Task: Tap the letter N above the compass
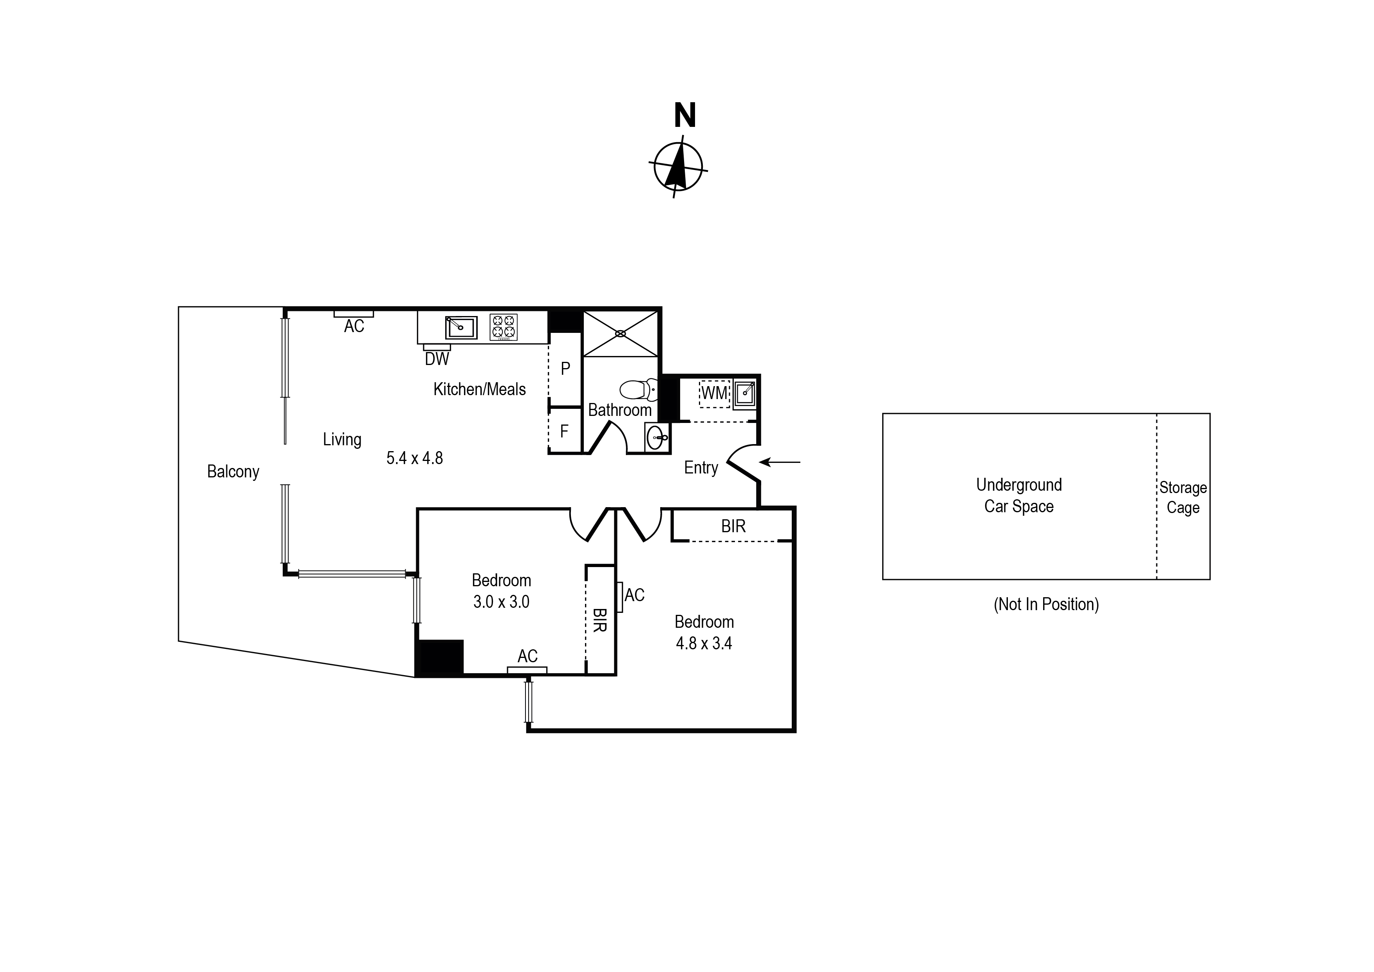684,116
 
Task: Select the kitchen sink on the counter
461,327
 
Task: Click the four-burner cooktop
503,327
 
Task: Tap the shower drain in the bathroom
621,333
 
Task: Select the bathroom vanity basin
657,437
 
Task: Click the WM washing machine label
714,393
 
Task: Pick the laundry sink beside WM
745,393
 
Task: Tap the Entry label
701,468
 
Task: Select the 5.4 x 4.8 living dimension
414,459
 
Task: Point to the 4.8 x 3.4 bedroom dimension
704,643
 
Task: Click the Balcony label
233,472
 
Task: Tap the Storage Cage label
1183,497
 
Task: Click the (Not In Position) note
1045,605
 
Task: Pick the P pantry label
565,369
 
